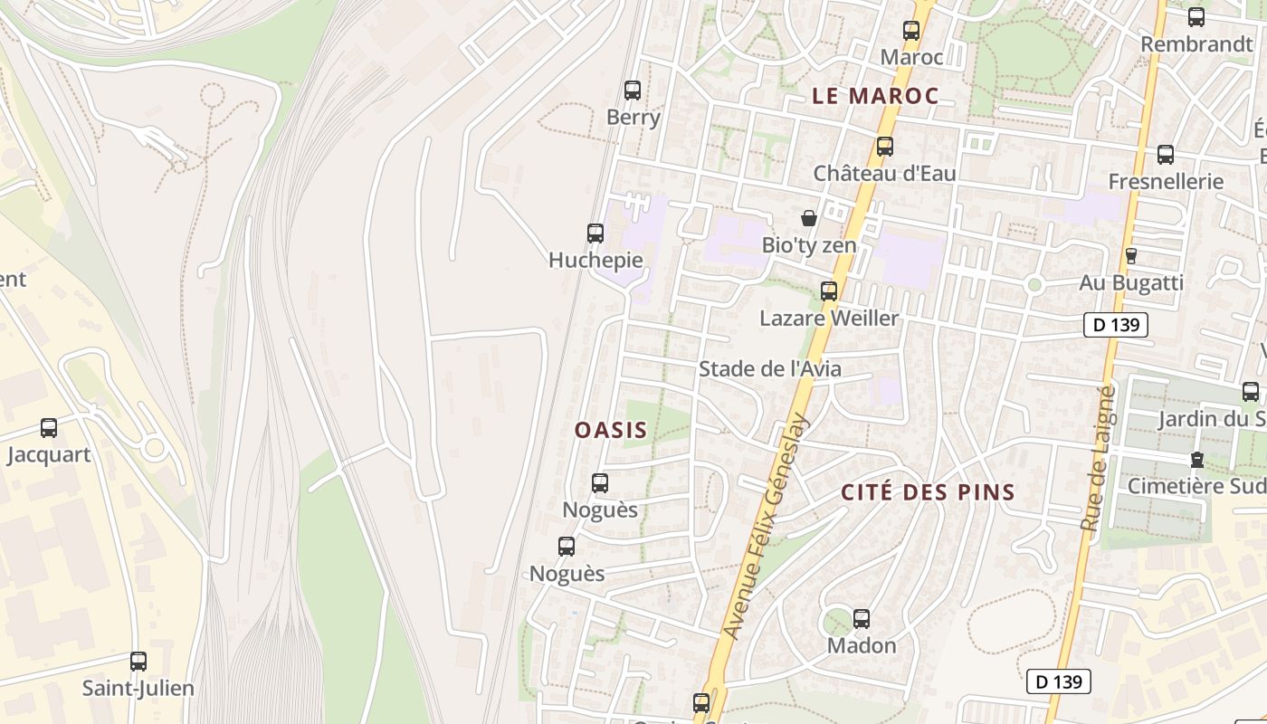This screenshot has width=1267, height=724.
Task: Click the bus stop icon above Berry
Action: click(x=633, y=90)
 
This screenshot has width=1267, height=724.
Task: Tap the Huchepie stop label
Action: click(x=595, y=261)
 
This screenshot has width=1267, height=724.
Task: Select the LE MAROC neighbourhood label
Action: click(x=874, y=96)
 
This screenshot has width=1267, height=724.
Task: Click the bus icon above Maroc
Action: click(x=911, y=31)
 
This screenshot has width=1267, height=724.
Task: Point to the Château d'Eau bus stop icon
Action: click(x=885, y=147)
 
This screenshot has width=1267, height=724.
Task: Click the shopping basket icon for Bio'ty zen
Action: click(x=809, y=218)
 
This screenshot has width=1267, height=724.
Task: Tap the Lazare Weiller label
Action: click(x=829, y=319)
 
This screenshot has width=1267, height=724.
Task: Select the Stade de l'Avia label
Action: click(x=769, y=369)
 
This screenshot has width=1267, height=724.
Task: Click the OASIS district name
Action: click(x=611, y=430)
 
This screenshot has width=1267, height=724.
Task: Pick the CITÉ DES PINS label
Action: click(x=928, y=493)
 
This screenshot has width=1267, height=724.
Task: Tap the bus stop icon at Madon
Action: click(x=862, y=619)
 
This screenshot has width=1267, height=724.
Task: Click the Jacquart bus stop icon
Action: click(x=49, y=428)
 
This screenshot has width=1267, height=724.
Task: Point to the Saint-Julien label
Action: click(x=138, y=689)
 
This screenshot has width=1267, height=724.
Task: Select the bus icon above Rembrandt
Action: click(x=1196, y=17)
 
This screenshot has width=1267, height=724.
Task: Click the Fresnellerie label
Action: click(x=1166, y=182)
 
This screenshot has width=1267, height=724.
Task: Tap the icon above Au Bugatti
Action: click(x=1130, y=256)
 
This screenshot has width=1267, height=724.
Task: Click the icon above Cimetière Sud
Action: click(x=1197, y=460)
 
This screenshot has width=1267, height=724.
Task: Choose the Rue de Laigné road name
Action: click(x=1096, y=458)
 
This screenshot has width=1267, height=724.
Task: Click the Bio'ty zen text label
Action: click(x=808, y=245)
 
